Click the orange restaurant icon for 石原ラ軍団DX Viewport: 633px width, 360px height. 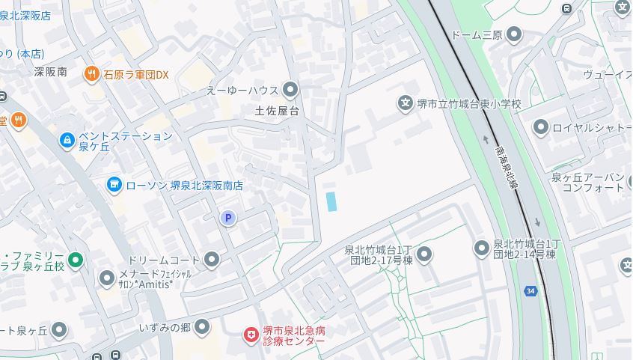(x=92, y=73)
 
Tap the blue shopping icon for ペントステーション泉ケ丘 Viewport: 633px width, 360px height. (x=67, y=139)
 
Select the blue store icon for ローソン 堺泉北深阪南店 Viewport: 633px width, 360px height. (x=114, y=184)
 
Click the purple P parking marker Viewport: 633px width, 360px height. (x=228, y=218)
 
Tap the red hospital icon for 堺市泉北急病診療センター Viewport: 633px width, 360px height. (x=251, y=335)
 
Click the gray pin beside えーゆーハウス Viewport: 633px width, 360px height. (x=290, y=90)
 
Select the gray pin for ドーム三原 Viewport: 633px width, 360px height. (x=514, y=34)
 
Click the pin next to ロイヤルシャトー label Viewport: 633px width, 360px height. (x=540, y=127)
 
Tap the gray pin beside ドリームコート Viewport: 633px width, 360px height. (x=212, y=260)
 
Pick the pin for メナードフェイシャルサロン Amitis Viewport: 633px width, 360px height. (x=107, y=279)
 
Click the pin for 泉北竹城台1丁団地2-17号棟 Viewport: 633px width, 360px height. (x=425, y=255)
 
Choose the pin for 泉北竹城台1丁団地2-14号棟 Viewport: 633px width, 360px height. (x=482, y=248)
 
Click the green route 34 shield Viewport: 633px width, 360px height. (x=530, y=290)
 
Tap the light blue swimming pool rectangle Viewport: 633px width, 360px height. (x=330, y=201)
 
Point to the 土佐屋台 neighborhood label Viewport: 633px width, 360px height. (x=277, y=112)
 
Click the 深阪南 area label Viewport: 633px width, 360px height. (x=51, y=73)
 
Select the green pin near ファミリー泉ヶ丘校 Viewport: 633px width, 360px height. (x=74, y=260)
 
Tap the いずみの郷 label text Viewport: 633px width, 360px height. (x=165, y=328)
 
